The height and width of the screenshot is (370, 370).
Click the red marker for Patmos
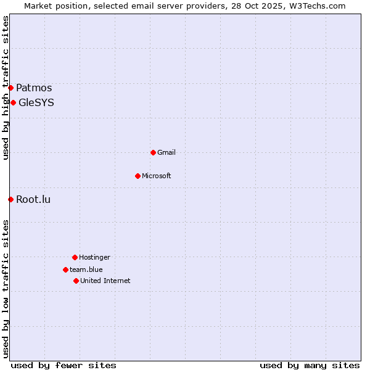10,88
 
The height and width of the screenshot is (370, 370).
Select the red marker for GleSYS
13,102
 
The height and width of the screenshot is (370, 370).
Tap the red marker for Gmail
153,152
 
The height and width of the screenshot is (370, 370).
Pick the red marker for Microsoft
138,176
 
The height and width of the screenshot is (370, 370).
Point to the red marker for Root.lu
10,199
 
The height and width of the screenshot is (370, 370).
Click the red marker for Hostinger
75,257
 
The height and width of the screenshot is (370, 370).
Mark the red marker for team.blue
65,269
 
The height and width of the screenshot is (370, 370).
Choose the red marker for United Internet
76,281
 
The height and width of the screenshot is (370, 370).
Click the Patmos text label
34,88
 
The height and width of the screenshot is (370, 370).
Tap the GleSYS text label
36,102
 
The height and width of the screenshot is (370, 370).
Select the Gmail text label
166,152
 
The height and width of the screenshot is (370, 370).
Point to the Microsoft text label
157,176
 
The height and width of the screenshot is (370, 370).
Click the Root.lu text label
33,199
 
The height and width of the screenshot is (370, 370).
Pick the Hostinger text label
94,257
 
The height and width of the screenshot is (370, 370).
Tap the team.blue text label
86,269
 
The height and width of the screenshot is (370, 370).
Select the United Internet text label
105,281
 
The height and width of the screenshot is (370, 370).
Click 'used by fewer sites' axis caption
64,365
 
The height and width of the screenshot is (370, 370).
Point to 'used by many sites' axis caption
310,365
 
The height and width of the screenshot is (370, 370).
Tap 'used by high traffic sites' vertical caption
6,88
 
